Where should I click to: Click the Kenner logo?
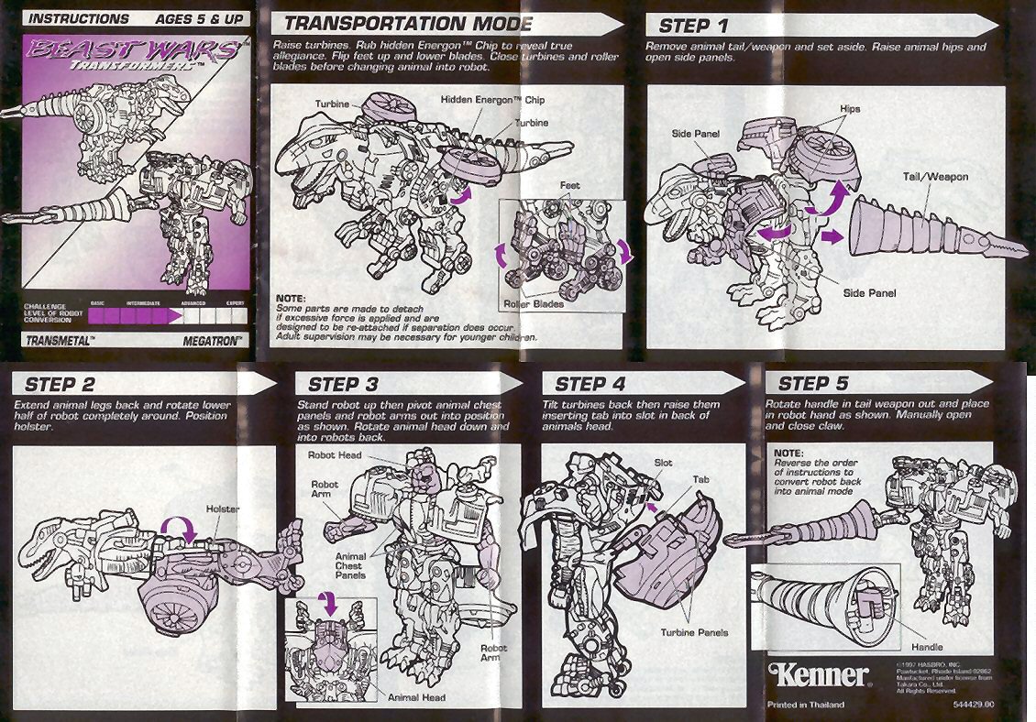(818, 675)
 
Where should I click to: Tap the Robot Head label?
(336, 454)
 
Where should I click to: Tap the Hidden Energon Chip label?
(493, 99)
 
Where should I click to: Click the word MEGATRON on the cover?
(211, 340)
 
